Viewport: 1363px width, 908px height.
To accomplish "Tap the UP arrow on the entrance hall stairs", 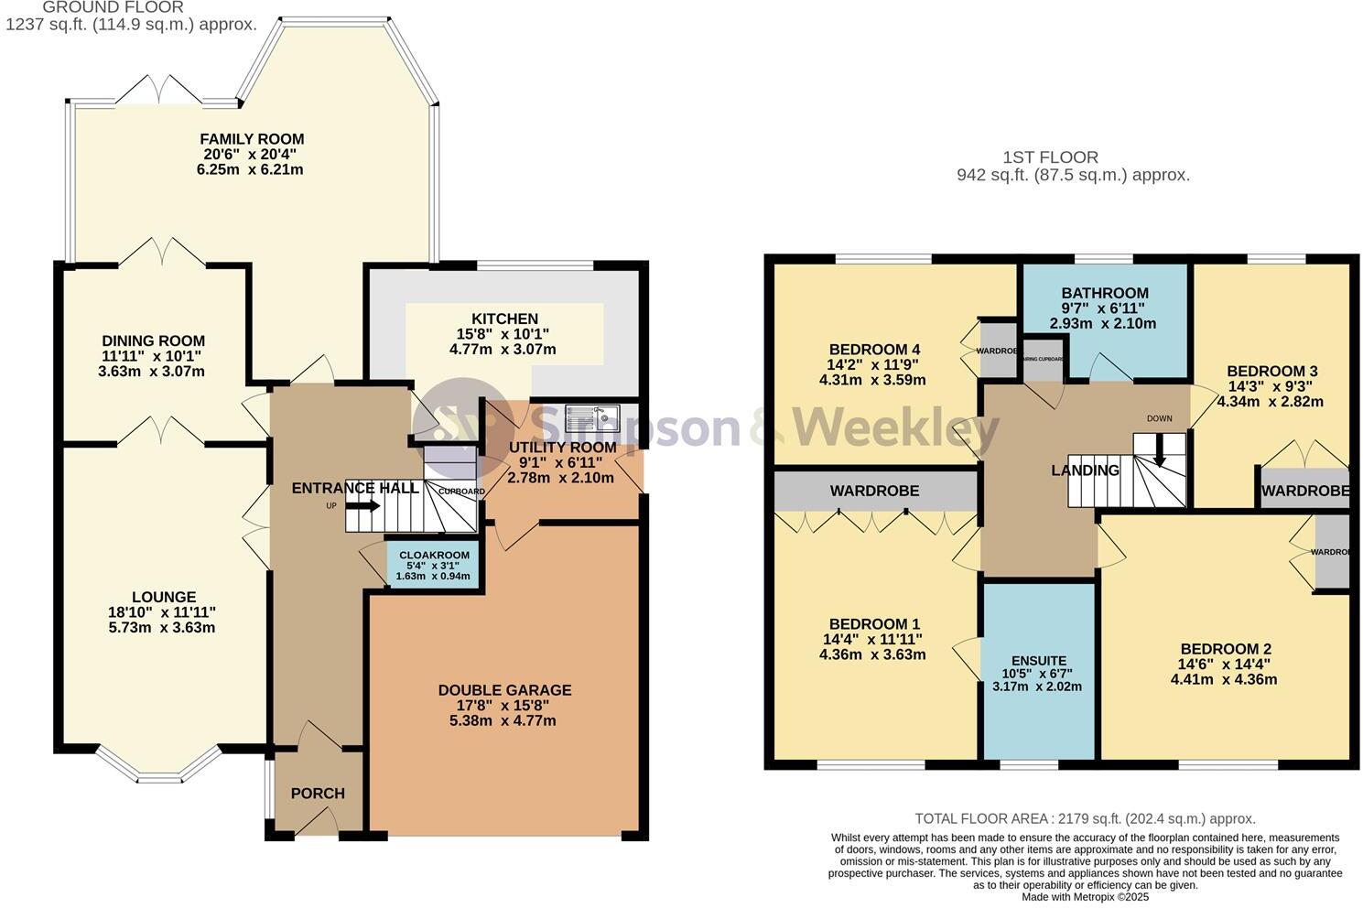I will [x=363, y=505].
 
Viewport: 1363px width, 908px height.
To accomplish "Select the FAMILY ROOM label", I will [x=252, y=139].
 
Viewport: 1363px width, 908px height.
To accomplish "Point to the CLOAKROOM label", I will [x=434, y=555].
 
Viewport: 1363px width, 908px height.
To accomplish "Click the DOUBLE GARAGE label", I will [x=504, y=690].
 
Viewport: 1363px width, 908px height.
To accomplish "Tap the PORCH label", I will [x=318, y=793].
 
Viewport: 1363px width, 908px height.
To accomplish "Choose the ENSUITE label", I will [x=1038, y=660].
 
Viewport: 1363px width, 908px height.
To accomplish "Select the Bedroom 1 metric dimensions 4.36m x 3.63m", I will [x=872, y=654].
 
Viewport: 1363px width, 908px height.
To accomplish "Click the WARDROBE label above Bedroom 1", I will [x=874, y=492].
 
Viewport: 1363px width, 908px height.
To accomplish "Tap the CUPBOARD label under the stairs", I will [x=461, y=492].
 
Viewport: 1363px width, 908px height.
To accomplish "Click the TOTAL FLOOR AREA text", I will [x=1085, y=819].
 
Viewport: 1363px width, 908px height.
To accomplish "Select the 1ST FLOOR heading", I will [x=1050, y=157].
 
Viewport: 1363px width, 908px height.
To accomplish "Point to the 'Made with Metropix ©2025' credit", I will [x=1085, y=897].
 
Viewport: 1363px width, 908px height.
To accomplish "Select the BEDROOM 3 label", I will [x=1271, y=371].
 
